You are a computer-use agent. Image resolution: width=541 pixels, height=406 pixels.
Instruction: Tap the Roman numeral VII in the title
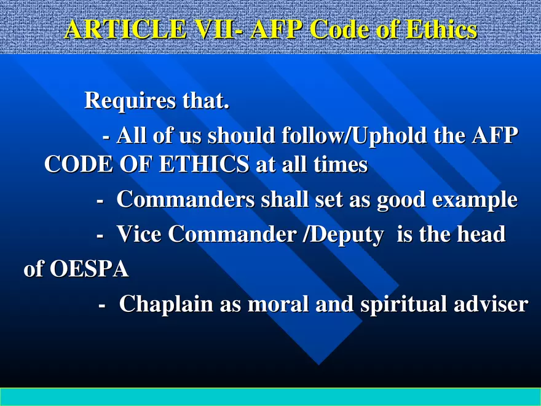[211, 30]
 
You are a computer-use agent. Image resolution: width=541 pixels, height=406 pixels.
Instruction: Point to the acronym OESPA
[90, 269]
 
